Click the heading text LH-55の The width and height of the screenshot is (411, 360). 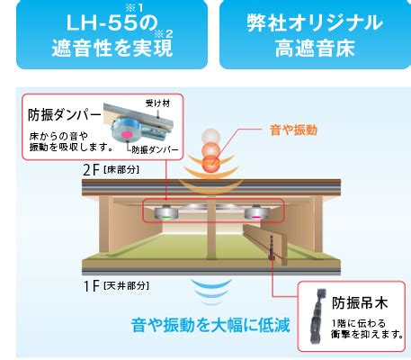pos(112,23)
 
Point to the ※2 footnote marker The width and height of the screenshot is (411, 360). pos(164,34)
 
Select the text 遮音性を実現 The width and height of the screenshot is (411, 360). pos(112,48)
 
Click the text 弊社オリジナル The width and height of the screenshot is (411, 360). pos(315,23)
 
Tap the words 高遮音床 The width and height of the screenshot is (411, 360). pos(315,48)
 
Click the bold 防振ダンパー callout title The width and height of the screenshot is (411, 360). pos(65,115)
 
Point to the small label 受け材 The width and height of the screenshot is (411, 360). pos(157,103)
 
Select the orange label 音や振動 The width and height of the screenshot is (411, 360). pos(293,130)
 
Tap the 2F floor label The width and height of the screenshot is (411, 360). pos(112,170)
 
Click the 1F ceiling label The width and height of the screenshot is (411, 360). pos(116,285)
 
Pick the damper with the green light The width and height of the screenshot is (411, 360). pos(166,212)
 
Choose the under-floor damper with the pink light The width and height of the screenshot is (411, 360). pos(256,212)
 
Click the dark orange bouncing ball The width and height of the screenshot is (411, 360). pos(211,164)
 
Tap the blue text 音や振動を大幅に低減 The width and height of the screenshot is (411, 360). pos(210,325)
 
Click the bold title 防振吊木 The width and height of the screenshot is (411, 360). pos(360,302)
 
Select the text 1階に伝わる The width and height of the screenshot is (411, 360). pos(359,323)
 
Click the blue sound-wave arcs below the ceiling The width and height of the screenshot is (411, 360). pos(211,292)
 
